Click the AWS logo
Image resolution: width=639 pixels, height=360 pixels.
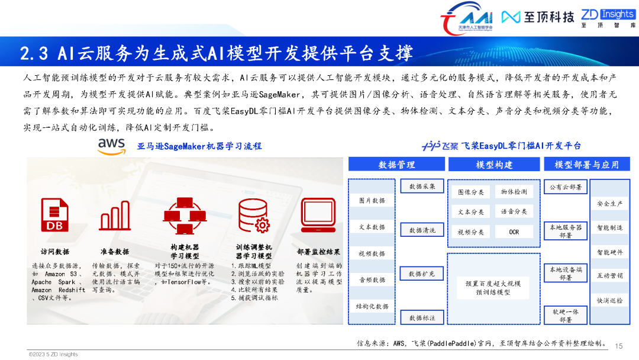tap(111, 146)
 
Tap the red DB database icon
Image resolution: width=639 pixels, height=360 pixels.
tap(54, 214)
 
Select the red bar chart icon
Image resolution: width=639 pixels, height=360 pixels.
tap(115, 215)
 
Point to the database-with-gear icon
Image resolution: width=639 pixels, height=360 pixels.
tap(254, 215)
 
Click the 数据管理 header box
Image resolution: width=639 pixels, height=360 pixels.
tap(396, 165)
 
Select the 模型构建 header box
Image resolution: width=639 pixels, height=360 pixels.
tap(494, 165)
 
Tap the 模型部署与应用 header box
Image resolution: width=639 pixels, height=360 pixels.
tap(586, 165)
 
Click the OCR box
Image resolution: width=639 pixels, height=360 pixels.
tap(514, 232)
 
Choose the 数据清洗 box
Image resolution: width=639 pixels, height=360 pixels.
tap(422, 230)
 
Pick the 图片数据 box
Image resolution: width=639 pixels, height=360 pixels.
tap(372, 201)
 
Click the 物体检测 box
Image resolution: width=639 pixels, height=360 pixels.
tap(514, 192)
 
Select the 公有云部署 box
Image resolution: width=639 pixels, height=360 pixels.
tap(566, 187)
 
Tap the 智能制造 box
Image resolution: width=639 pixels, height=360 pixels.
tap(609, 227)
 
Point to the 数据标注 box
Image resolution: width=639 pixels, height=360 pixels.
tap(422, 318)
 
